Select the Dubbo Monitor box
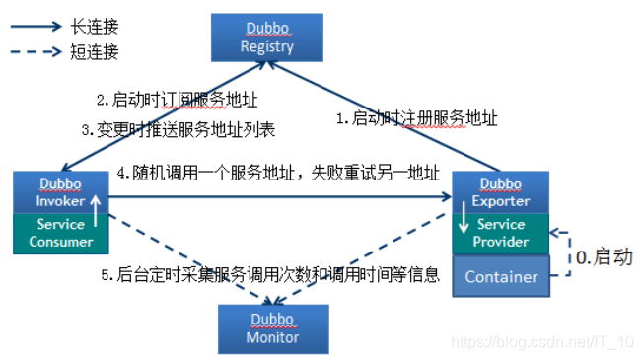[272, 328]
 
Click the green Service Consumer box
[60, 232]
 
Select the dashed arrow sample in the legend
[37, 51]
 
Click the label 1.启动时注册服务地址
[416, 118]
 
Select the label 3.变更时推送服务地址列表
[179, 129]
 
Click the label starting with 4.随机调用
[277, 175]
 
